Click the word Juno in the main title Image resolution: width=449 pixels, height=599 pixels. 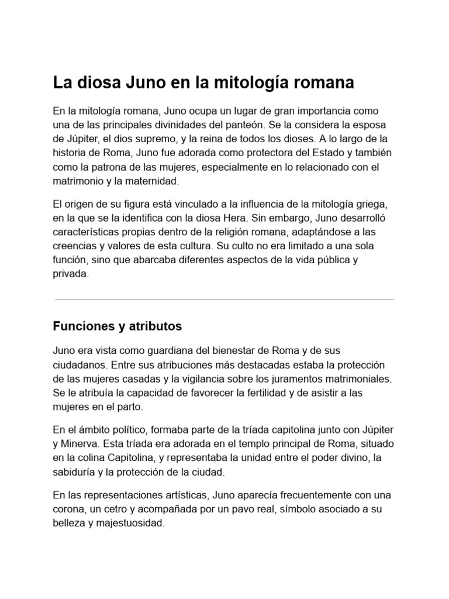click(x=143, y=83)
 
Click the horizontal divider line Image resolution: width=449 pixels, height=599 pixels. click(x=224, y=299)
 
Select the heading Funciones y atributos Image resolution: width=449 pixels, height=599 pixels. click(x=118, y=326)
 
